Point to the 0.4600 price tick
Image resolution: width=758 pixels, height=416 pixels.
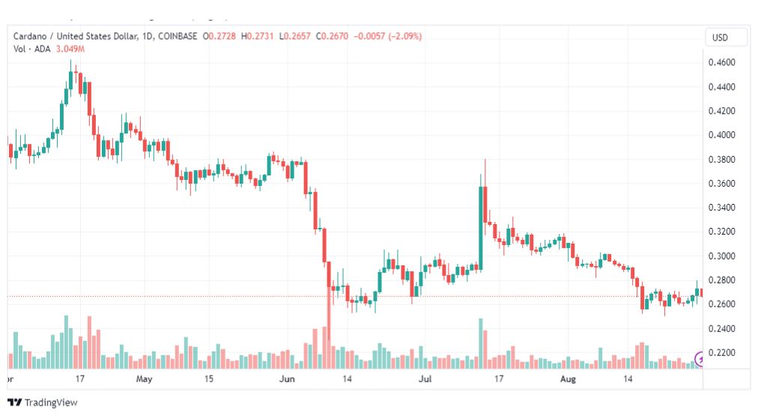coord(722,62)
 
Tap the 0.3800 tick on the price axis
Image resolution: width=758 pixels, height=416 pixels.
coord(722,159)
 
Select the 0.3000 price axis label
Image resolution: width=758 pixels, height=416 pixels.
coord(722,256)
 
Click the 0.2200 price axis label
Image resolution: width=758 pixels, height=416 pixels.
coord(722,352)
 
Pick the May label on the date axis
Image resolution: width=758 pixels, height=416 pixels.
coord(144,379)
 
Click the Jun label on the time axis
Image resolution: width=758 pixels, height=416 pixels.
coord(287,379)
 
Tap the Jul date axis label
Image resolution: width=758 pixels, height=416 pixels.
coord(425,379)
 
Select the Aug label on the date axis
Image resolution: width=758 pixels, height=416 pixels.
coord(568,379)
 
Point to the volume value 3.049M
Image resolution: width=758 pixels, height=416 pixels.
coord(70,49)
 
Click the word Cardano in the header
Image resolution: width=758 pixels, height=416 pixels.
coord(30,36)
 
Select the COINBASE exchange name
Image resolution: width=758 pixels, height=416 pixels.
coord(178,36)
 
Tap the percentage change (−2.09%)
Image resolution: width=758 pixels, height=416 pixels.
coord(405,36)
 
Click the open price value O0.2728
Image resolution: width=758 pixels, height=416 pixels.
coord(219,36)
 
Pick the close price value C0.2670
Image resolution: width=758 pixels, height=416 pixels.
coord(332,36)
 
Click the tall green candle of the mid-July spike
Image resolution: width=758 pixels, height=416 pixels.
coord(481,229)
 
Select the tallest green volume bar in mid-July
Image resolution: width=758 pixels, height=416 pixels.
coord(481,343)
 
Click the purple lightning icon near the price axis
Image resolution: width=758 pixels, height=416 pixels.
coord(699,358)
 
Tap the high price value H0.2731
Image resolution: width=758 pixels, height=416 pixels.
coord(257,36)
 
